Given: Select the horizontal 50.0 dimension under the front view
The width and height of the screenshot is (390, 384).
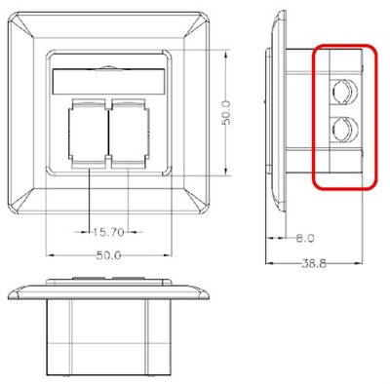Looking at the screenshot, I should [108, 255].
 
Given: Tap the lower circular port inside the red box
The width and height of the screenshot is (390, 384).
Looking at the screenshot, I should [341, 131].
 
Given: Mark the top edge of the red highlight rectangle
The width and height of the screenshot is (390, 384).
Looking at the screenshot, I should [343, 45].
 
